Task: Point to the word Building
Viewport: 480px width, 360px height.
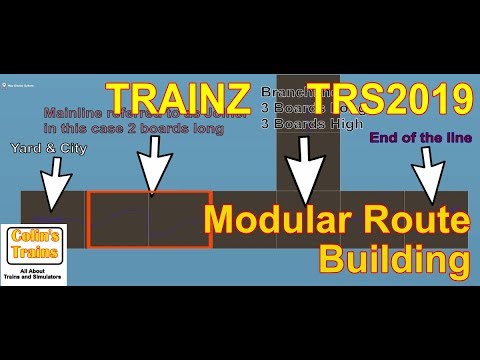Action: [x=394, y=260]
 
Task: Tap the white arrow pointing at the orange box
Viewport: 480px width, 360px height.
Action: [x=151, y=160]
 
